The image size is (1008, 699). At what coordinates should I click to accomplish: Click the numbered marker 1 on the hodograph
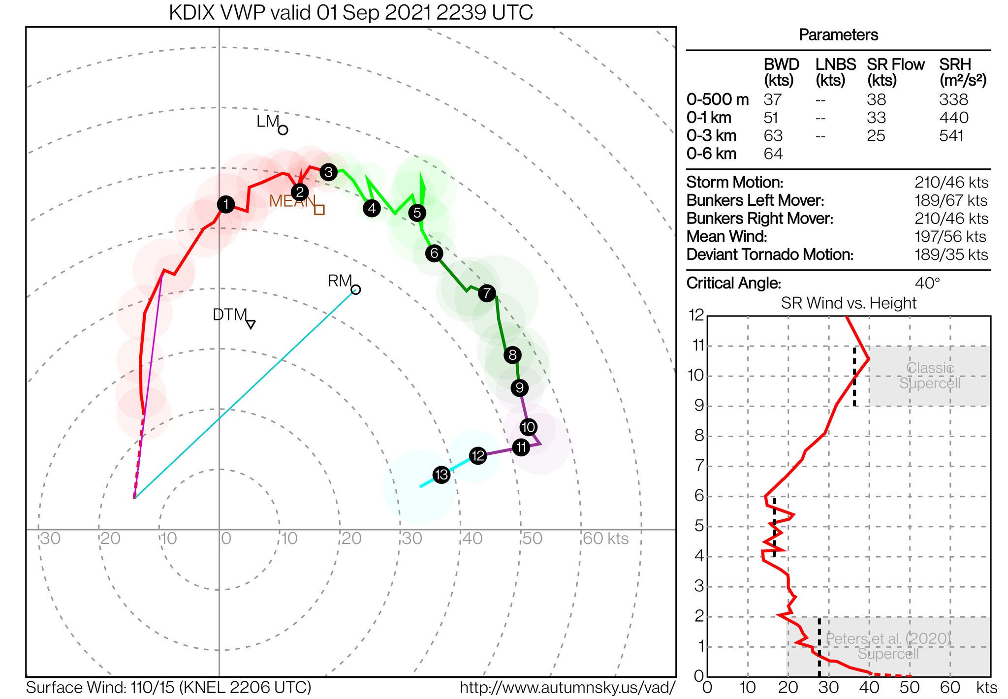click(225, 204)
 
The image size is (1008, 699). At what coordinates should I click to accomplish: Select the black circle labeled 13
click(441, 475)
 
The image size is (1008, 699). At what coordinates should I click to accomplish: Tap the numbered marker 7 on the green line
click(487, 293)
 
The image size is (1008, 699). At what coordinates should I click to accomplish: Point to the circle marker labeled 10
click(528, 427)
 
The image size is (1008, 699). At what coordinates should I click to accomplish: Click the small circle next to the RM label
click(356, 290)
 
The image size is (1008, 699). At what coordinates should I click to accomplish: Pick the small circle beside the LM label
click(283, 130)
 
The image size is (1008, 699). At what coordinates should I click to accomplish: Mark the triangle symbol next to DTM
click(251, 324)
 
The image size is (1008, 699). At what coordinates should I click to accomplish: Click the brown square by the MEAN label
click(319, 210)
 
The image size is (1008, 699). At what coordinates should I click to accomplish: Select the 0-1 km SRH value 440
click(953, 118)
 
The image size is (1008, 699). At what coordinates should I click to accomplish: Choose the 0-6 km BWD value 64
click(773, 154)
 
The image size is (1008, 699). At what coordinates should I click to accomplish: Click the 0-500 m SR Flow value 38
click(876, 99)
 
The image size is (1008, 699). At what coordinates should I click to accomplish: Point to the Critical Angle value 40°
click(927, 283)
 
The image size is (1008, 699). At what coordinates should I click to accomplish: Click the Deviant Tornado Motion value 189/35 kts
click(951, 254)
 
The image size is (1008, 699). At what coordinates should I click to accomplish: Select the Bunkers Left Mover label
click(755, 200)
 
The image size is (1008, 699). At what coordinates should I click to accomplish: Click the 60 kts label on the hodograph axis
click(605, 539)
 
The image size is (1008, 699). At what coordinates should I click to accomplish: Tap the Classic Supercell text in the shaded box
click(930, 376)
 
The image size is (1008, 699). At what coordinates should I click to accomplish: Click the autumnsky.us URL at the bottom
click(567, 688)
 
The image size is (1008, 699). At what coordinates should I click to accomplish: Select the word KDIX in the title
click(192, 13)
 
